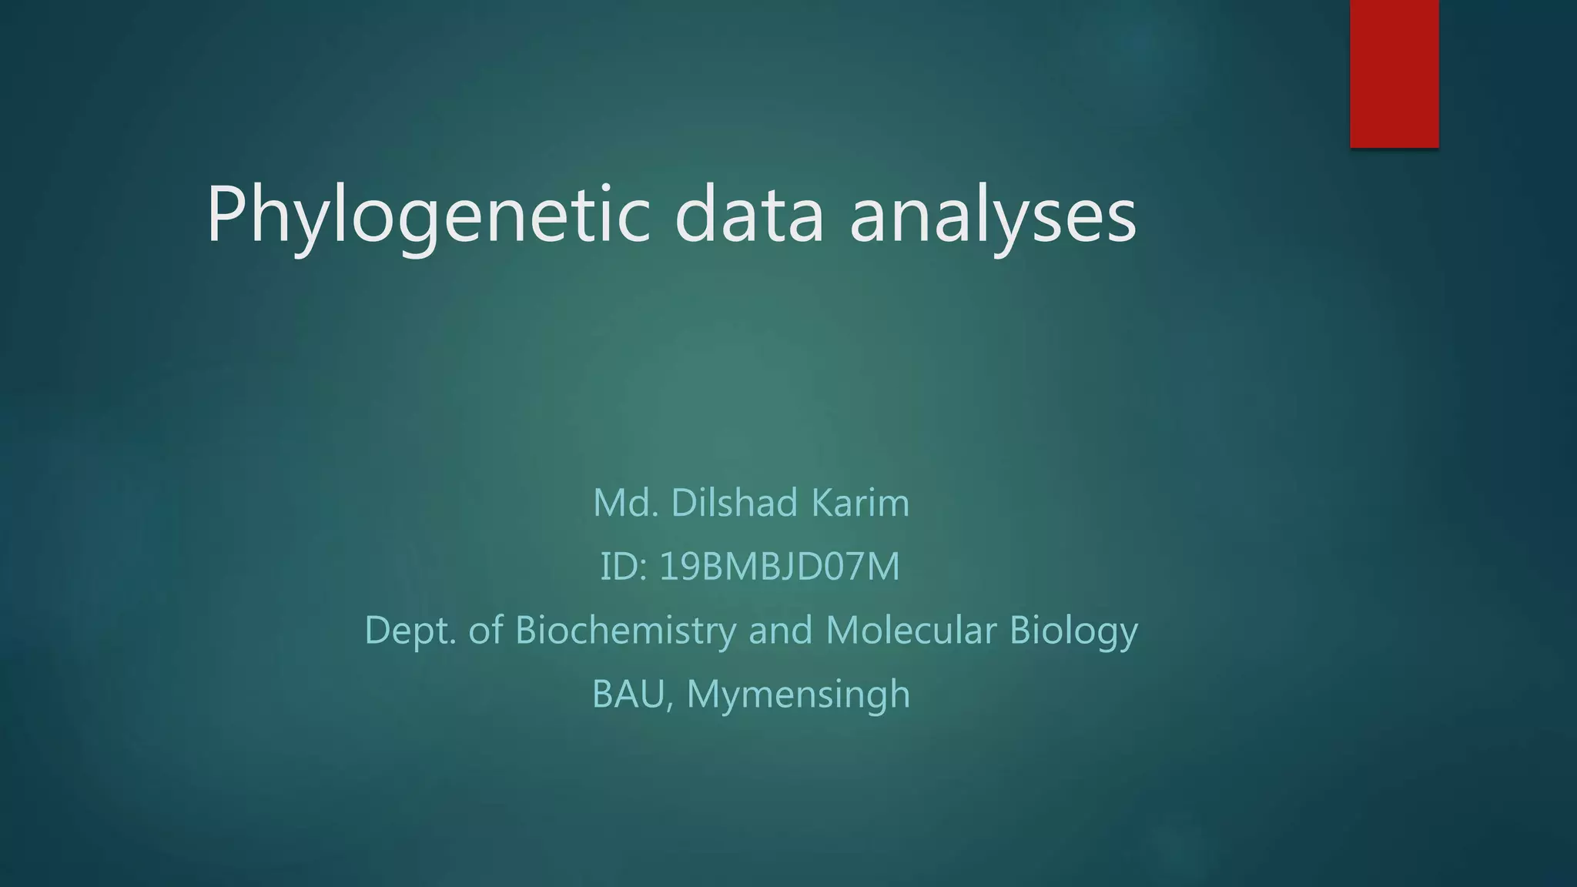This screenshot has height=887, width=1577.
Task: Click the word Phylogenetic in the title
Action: [x=427, y=216]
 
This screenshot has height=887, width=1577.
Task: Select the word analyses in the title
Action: [x=993, y=216]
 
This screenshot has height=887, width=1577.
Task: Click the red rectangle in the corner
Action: [x=1394, y=73]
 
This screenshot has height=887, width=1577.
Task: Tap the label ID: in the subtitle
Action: [x=623, y=567]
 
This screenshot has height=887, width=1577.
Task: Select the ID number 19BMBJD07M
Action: [x=779, y=567]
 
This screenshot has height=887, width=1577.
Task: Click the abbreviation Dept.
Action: [x=410, y=630]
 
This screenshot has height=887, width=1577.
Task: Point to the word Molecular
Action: [x=910, y=630]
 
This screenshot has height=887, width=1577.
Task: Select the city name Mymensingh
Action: [x=798, y=695]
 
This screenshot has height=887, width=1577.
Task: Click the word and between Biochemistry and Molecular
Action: [x=780, y=630]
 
